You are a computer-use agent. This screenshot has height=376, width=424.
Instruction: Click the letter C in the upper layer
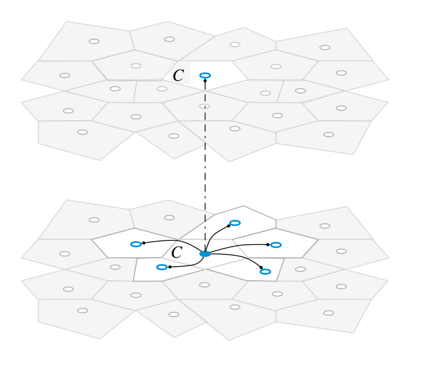178,76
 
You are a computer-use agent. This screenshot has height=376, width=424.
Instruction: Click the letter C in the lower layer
177,252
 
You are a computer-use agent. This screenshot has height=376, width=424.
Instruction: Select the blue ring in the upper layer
205,75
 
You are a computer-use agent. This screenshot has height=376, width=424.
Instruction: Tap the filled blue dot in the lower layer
205,253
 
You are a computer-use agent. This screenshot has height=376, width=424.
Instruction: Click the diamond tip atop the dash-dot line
205,81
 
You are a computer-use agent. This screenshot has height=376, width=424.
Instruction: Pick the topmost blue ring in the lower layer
235,223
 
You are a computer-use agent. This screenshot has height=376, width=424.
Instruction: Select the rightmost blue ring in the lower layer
276,245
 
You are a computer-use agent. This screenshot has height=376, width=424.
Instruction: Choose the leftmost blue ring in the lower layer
136,244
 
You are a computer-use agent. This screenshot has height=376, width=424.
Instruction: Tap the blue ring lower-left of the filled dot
162,267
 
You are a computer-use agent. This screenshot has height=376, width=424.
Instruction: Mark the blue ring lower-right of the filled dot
265,271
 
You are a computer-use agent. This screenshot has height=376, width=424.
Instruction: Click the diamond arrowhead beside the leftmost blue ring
144,244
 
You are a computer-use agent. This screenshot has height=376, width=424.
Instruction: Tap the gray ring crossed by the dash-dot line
205,106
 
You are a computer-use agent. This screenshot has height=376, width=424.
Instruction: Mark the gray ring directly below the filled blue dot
205,284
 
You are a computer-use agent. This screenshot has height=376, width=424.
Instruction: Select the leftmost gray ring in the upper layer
65,75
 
